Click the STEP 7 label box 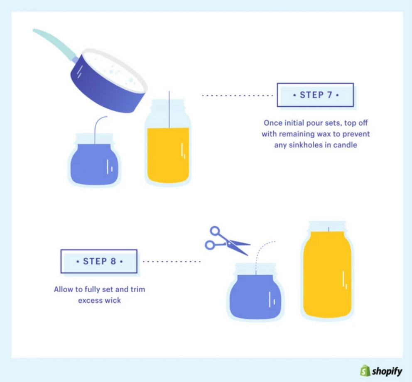coord(315,95)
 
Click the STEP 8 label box coord(99,262)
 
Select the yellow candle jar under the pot coord(168,154)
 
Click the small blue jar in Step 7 coord(94,162)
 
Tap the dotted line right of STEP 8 coord(172,262)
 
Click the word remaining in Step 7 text coord(302,135)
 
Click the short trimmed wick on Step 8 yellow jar coord(328,229)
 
